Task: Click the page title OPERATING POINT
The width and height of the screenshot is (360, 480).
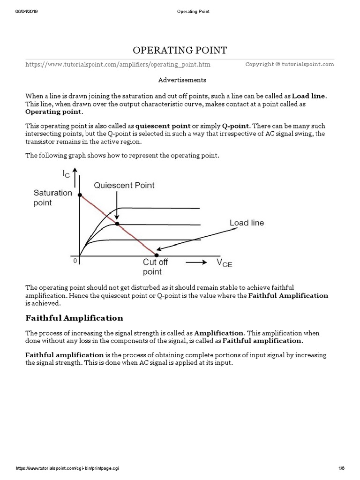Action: tap(180, 50)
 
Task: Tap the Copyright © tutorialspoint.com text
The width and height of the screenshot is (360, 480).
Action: tap(289, 64)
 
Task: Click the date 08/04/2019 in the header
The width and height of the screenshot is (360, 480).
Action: tap(27, 11)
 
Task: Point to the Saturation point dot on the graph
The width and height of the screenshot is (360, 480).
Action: tap(80, 195)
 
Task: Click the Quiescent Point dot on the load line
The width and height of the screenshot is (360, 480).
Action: tap(117, 224)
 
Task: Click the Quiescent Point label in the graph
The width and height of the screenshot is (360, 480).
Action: tap(124, 185)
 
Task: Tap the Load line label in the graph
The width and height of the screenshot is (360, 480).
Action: tap(247, 223)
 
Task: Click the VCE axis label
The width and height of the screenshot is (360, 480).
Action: tap(224, 263)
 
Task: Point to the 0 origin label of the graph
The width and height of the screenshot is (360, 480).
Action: tap(74, 261)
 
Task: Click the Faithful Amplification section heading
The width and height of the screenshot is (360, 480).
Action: tap(74, 318)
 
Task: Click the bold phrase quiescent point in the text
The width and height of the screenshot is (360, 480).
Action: tap(163, 126)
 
